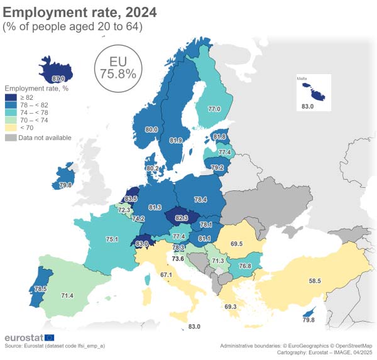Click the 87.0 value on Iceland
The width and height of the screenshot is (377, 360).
coord(58,79)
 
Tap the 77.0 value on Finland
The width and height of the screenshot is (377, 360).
coord(214,109)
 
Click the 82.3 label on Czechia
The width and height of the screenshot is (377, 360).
coord(181,217)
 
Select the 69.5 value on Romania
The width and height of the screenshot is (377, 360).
coord(237,243)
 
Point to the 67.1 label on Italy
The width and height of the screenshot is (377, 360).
coord(166,275)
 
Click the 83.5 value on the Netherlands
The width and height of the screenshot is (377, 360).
coord(131,199)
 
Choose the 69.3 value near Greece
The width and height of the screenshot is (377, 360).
coord(230,307)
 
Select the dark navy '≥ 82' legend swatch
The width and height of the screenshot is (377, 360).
coord(11,97)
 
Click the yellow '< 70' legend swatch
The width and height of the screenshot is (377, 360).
coord(11,128)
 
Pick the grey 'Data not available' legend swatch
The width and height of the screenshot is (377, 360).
coord(11,138)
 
